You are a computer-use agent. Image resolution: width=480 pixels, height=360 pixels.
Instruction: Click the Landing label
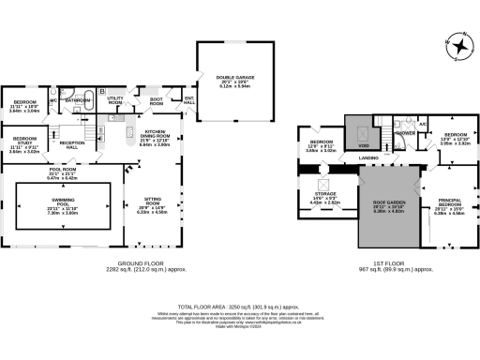(x=369, y=158)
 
